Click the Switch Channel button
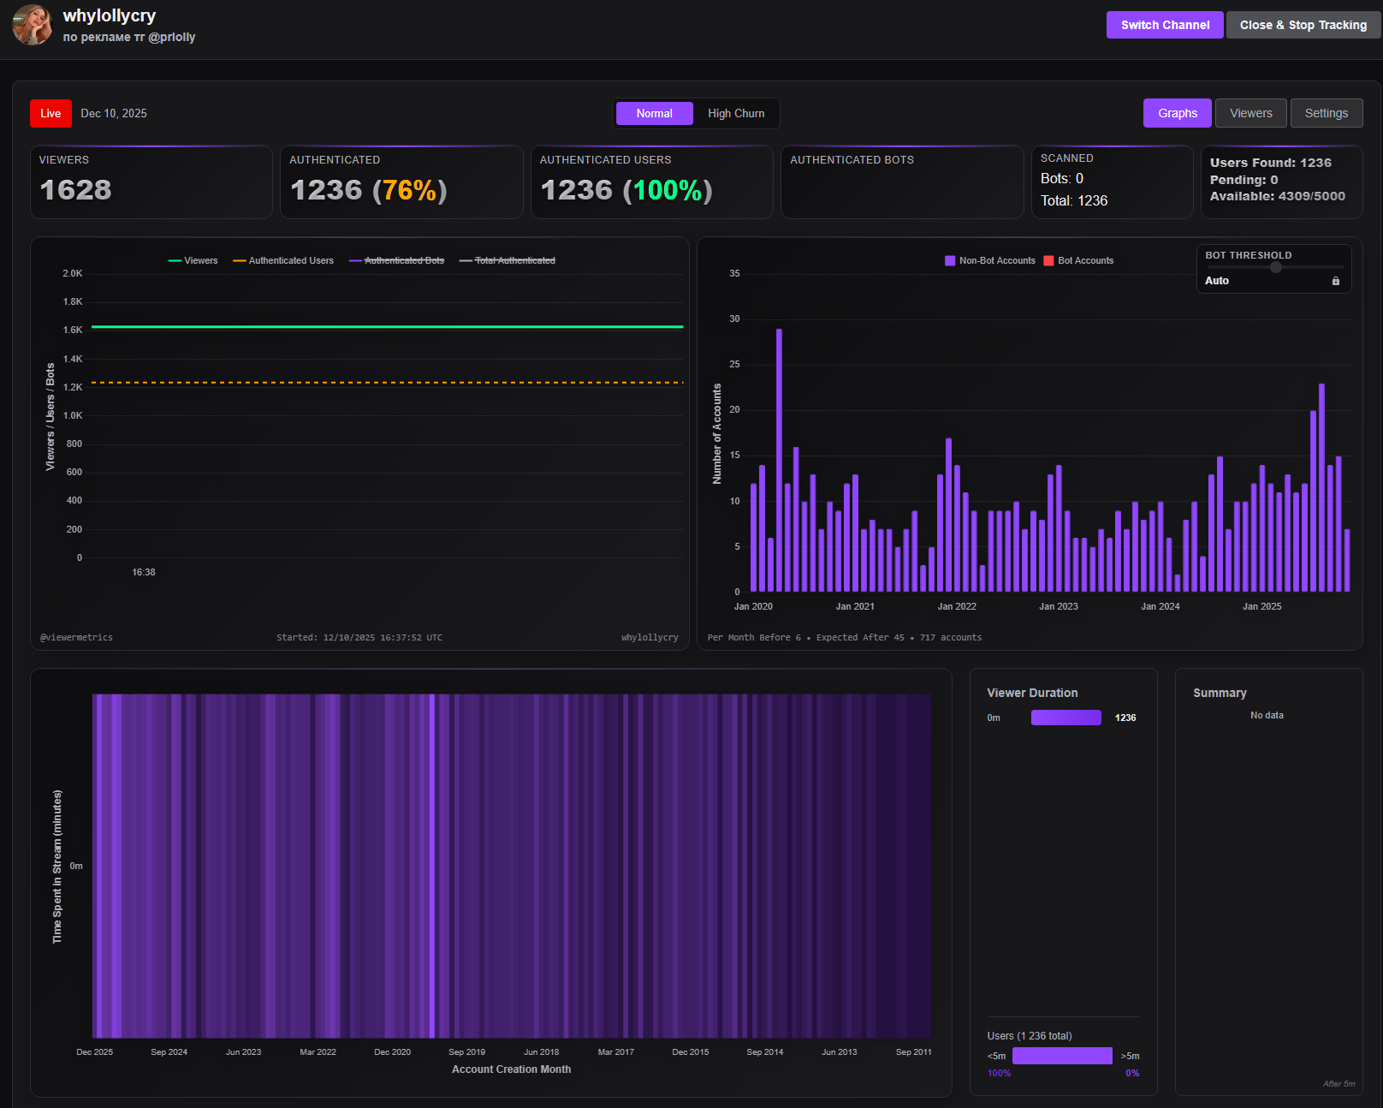coord(1165,25)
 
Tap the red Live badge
coord(50,113)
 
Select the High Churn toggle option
coord(736,113)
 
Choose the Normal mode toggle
coord(654,113)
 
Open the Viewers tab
coord(1250,113)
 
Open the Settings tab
coord(1326,113)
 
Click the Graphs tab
coord(1178,113)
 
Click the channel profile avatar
coord(33,25)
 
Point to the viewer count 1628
coord(75,190)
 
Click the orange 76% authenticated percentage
coord(409,190)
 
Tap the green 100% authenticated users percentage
coord(668,190)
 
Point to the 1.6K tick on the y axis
coord(73,330)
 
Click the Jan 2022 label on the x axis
coord(957,606)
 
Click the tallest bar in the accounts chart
coord(779,460)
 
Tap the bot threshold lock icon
coord(1335,281)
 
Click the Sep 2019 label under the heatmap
coord(466,1051)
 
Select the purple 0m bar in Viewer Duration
coord(1065,718)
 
